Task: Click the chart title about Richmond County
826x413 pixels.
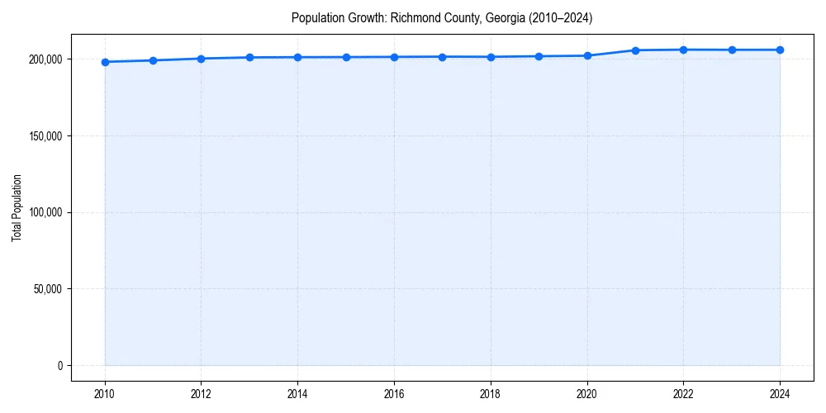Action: tap(442, 17)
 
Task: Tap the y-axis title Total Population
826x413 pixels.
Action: tap(17, 207)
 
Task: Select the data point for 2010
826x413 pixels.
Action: tap(105, 62)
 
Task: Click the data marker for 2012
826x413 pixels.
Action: tap(201, 59)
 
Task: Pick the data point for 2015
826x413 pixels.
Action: tap(346, 57)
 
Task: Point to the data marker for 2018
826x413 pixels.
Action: tap(491, 57)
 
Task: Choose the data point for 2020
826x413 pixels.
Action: tap(587, 55)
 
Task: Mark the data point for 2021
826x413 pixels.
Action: tap(635, 50)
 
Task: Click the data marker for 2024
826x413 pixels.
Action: tap(780, 50)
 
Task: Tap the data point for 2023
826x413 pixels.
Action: tap(732, 50)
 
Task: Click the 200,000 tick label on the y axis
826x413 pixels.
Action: tap(45, 59)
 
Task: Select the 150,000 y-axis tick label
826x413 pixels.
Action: tap(45, 136)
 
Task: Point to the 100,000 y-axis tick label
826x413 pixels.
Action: tap(45, 212)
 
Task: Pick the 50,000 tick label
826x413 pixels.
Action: tap(48, 289)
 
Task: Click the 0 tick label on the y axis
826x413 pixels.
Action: tap(60, 366)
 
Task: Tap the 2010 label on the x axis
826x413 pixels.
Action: tap(105, 394)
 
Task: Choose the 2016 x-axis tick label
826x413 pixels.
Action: tap(394, 394)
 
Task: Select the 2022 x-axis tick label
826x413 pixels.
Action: tap(683, 394)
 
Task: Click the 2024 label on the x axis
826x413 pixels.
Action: tap(780, 394)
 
